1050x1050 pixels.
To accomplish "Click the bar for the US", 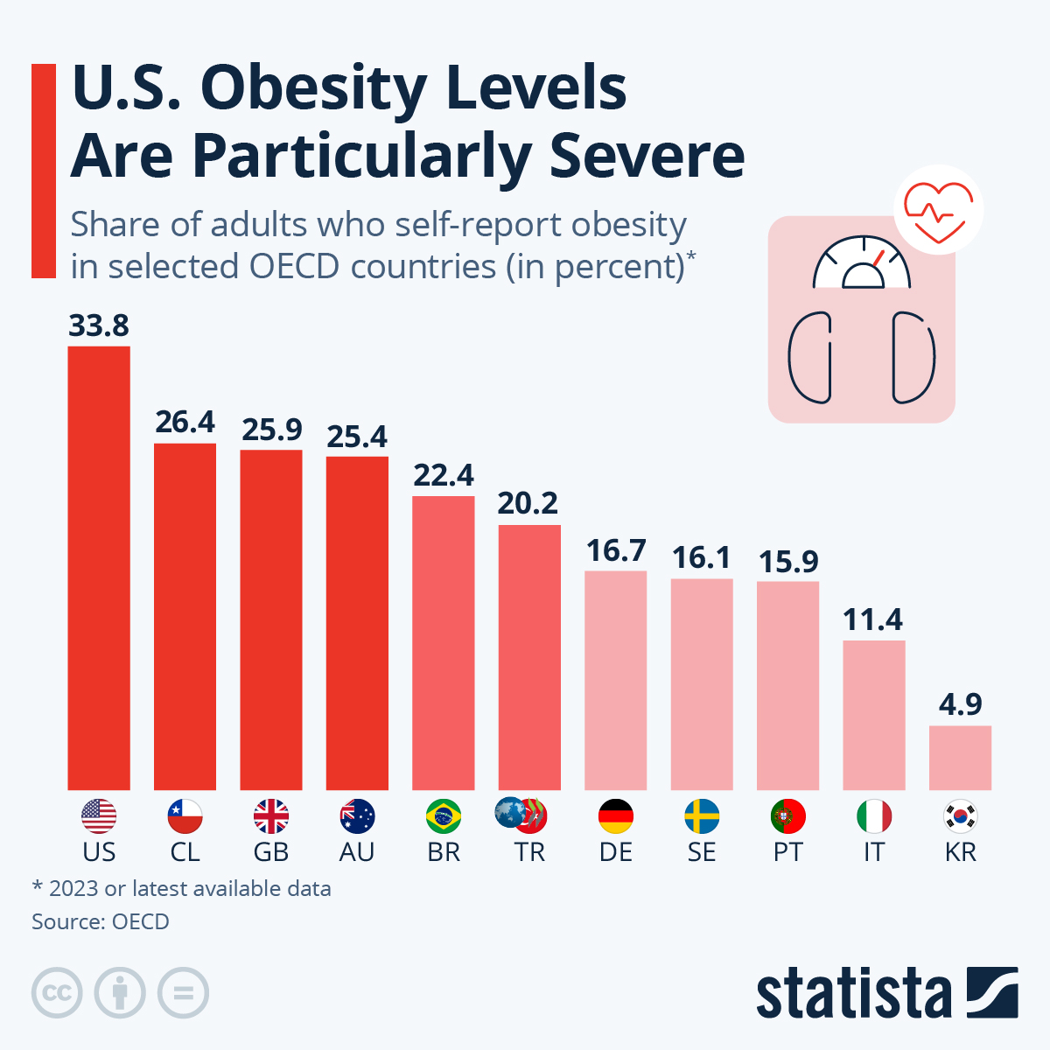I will tap(99, 569).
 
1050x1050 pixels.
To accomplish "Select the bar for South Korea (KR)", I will tap(960, 758).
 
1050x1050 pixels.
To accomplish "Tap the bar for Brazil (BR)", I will tap(444, 643).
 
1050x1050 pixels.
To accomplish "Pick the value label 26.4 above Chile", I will tap(185, 422).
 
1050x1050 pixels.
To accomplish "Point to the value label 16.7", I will tap(616, 550).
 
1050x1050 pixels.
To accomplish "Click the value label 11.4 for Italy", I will tap(873, 619).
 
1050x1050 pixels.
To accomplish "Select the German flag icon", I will tap(616, 816).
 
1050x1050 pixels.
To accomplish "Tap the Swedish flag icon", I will tap(702, 816).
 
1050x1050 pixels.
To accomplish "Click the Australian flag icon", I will tap(357, 816).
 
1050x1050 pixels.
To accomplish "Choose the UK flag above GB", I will tap(271, 816).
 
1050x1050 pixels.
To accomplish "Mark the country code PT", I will tap(787, 852).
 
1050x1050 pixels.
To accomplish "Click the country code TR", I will tap(529, 852).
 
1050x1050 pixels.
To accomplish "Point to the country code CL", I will tap(185, 852).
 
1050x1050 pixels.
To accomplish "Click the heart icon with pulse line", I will tap(938, 210).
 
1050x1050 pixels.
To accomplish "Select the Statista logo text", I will tap(853, 994).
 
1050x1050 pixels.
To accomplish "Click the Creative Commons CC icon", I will tap(57, 993).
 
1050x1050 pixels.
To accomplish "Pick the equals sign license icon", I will tap(183, 993).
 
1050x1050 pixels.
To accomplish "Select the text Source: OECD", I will tap(101, 921).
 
